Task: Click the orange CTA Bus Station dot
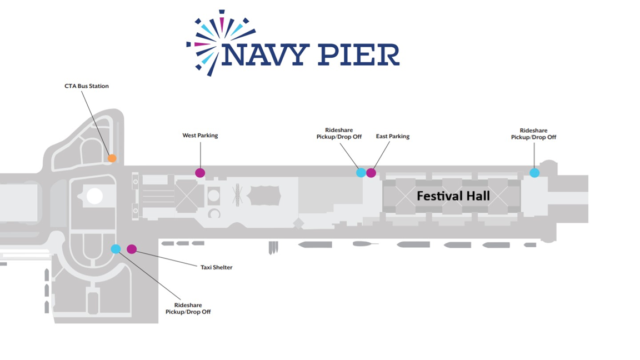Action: click(x=112, y=158)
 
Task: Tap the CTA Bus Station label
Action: click(x=87, y=86)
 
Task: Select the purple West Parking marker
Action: click(x=200, y=173)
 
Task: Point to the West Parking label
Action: click(x=200, y=136)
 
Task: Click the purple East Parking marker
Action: click(x=371, y=173)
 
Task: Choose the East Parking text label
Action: click(x=392, y=136)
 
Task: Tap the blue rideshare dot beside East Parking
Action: click(x=361, y=173)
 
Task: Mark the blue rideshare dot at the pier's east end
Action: click(x=534, y=173)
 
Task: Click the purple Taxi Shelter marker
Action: click(x=132, y=249)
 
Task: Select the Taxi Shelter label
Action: click(x=216, y=267)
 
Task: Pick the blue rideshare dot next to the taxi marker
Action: click(x=116, y=249)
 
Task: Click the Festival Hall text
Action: click(x=453, y=196)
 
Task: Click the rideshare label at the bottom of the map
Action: click(x=188, y=308)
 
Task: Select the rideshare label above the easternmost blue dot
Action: click(x=533, y=134)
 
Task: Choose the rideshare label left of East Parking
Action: click(x=339, y=133)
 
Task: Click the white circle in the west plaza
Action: click(x=94, y=196)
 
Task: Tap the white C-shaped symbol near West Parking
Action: click(x=214, y=213)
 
